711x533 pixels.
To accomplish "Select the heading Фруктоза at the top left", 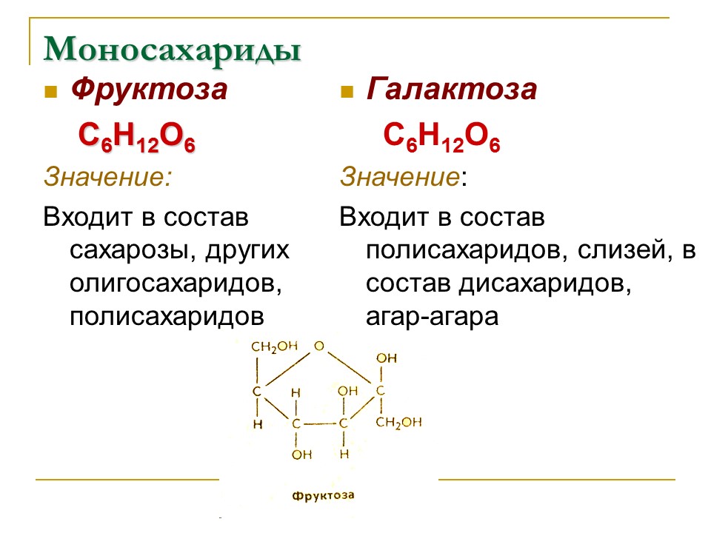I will click(149, 90).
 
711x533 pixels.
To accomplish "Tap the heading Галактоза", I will click(451, 90).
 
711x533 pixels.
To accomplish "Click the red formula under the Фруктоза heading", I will click(137, 138).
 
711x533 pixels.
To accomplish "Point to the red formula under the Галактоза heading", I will click(441, 138).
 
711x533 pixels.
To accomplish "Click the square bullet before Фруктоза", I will click(50, 93).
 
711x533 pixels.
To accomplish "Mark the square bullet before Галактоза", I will click(346, 93).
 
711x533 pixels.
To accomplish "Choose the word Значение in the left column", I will click(104, 177).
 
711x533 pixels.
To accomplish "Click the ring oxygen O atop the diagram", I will click(318, 346).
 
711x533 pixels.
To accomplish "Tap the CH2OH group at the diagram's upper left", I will click(274, 346).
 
